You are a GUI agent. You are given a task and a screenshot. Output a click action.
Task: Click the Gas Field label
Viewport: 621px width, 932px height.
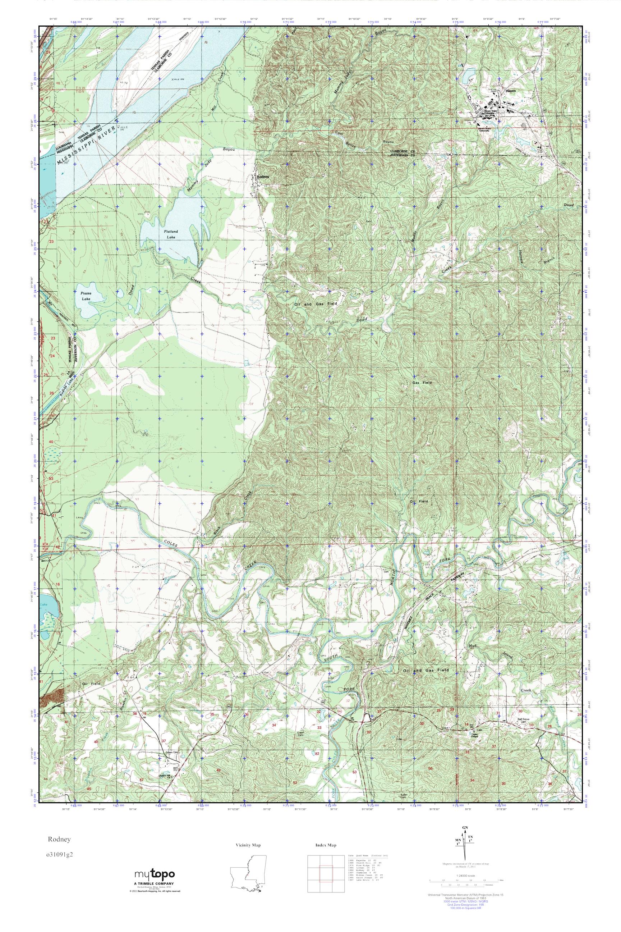click(422, 383)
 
